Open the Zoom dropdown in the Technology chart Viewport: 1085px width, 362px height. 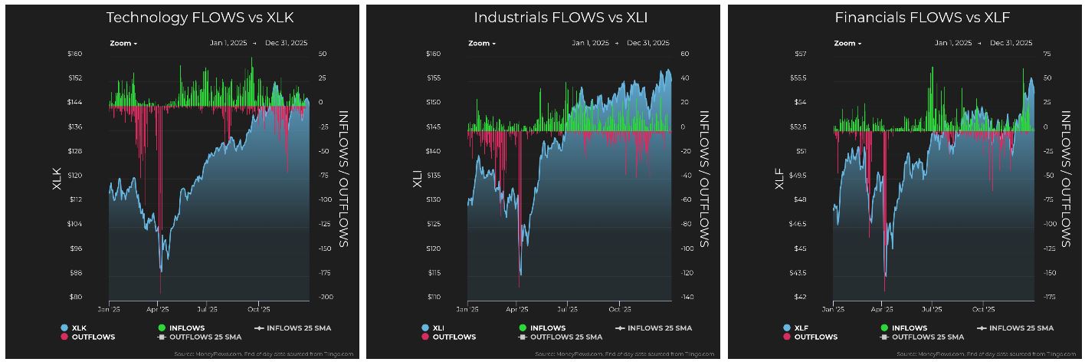coord(123,44)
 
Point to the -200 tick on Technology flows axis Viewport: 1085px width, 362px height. coord(325,297)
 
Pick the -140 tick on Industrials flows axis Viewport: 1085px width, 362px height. coord(685,297)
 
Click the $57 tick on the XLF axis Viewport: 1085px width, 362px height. coord(821,54)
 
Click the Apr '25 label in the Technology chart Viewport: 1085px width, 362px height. coord(157,310)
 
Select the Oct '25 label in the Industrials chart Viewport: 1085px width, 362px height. coord(619,310)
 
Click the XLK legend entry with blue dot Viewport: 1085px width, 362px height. coord(75,328)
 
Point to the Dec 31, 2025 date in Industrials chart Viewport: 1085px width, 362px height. coord(647,44)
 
